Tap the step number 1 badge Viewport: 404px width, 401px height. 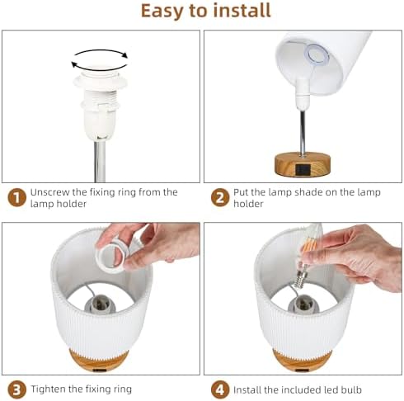coord(16,197)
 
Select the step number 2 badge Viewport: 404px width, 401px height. coord(220,197)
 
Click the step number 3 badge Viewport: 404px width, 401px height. coord(16,389)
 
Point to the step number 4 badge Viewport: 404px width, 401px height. coord(220,389)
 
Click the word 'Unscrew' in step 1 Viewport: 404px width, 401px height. coord(49,192)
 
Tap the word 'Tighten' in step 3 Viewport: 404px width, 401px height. coord(48,389)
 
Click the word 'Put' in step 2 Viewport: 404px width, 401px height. coord(239,192)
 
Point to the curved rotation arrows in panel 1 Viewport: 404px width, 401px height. coord(100,50)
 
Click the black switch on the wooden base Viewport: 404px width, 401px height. coord(303,169)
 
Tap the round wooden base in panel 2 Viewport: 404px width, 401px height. coord(303,164)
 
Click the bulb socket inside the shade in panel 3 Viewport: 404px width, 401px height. coord(100,304)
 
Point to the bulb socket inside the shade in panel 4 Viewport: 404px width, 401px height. coord(303,304)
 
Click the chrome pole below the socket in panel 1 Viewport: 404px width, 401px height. coord(100,162)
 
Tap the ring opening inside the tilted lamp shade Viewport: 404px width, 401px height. coord(317,54)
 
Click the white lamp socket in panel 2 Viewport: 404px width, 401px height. coord(303,94)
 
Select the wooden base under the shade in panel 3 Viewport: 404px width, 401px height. coord(98,361)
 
